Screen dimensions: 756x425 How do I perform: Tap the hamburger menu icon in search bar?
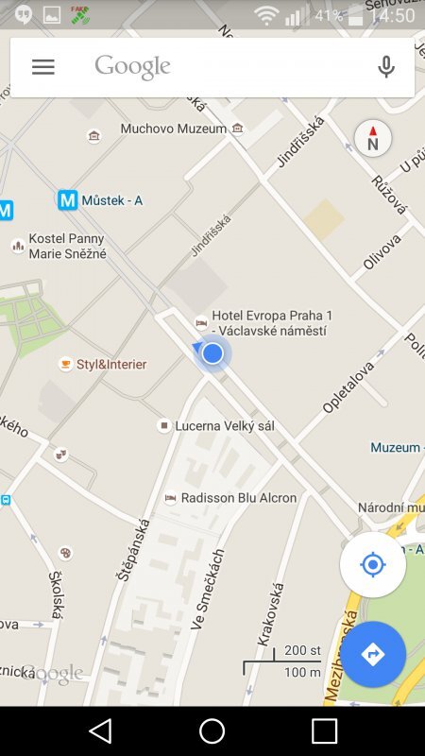pyautogui.click(x=43, y=67)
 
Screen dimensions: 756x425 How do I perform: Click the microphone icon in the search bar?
pyautogui.click(x=385, y=67)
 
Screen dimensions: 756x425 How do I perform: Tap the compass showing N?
pyautogui.click(x=372, y=139)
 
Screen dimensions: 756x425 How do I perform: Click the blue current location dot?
pyautogui.click(x=212, y=353)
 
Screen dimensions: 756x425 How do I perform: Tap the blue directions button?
pyautogui.click(x=373, y=654)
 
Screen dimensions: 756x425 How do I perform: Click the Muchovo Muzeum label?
pyautogui.click(x=173, y=129)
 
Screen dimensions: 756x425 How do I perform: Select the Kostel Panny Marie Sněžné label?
pyautogui.click(x=66, y=246)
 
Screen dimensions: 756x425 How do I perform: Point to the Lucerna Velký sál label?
pyautogui.click(x=225, y=426)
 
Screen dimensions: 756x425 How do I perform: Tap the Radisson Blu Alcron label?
pyautogui.click(x=238, y=497)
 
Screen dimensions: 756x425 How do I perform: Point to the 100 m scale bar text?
pyautogui.click(x=302, y=672)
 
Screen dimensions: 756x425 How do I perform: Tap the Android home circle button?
pyautogui.click(x=212, y=730)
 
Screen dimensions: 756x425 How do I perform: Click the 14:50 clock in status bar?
pyautogui.click(x=391, y=16)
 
